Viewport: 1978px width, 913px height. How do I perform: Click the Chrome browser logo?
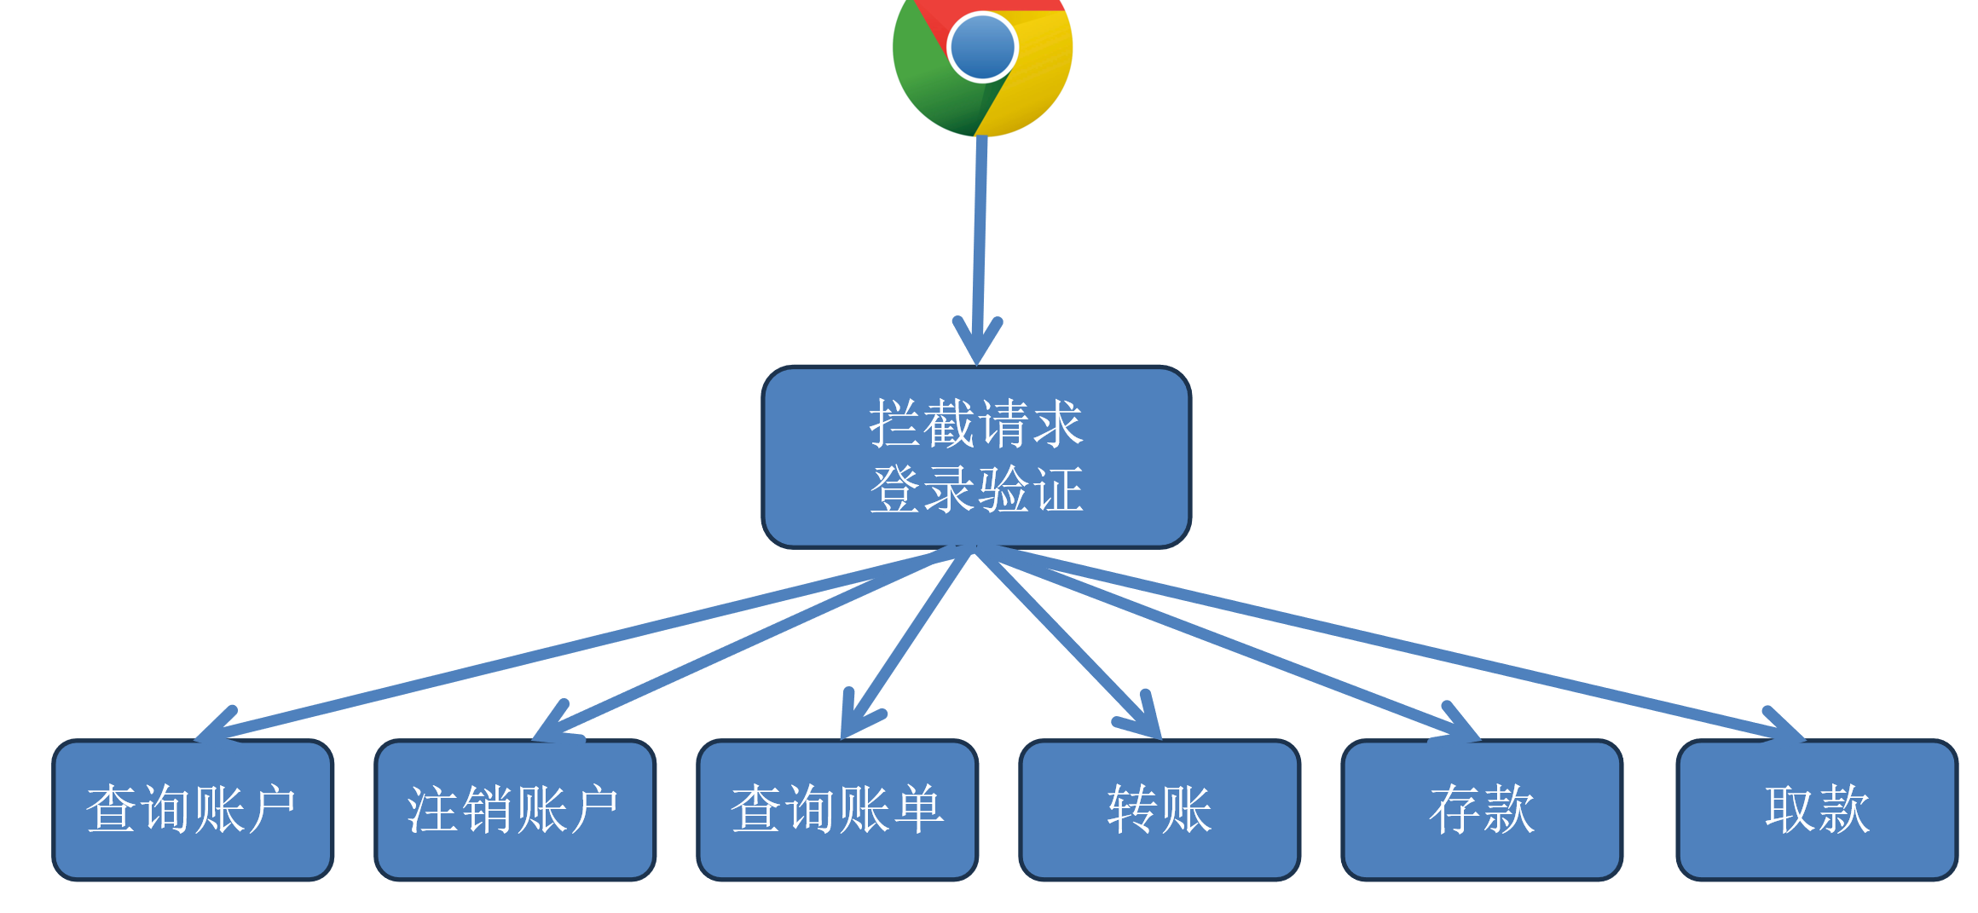pyautogui.click(x=982, y=60)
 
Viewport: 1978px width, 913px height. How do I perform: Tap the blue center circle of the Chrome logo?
pyautogui.click(x=982, y=48)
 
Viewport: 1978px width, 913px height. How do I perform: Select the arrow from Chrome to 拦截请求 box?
pyautogui.click(x=980, y=239)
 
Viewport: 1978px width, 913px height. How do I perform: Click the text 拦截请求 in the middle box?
pyautogui.click(x=976, y=424)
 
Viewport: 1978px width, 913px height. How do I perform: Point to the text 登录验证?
pyautogui.click(x=976, y=490)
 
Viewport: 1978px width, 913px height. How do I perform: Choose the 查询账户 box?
pyautogui.click(x=193, y=810)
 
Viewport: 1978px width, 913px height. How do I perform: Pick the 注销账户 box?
pyautogui.click(x=515, y=810)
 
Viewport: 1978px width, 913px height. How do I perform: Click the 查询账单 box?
pyautogui.click(x=837, y=810)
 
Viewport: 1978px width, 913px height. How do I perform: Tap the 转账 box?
pyautogui.click(x=1160, y=810)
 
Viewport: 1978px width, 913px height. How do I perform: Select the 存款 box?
pyautogui.click(x=1482, y=810)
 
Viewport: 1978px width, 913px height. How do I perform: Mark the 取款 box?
pyautogui.click(x=1817, y=810)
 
